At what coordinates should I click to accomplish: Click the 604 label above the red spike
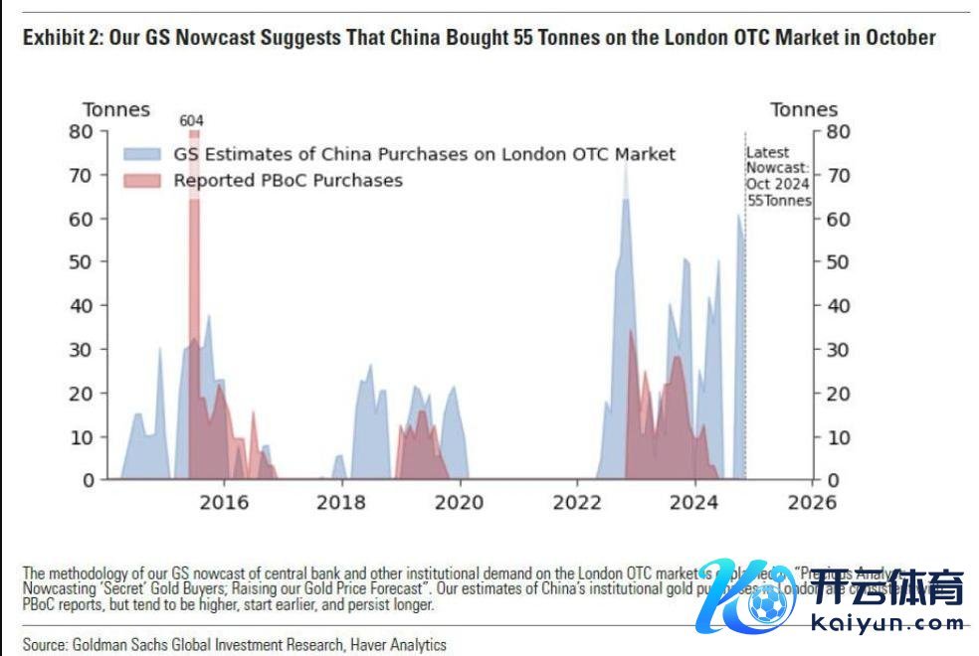coord(192,120)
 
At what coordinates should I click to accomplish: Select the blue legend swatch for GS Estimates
coord(143,154)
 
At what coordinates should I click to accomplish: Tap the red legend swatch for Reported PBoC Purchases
coord(143,180)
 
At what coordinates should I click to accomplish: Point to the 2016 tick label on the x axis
coord(224,502)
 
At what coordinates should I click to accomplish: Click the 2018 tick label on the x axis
coord(341,502)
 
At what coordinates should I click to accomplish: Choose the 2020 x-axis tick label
coord(460,502)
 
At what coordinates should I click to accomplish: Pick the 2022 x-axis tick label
coord(577,502)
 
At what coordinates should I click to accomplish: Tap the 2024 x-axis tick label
coord(694,502)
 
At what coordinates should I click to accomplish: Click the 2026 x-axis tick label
coord(812,502)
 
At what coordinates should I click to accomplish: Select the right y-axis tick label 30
coord(839,349)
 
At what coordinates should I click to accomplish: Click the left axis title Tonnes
coord(116,109)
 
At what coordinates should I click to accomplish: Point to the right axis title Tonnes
coord(804,109)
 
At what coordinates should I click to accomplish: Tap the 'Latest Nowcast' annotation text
coord(779,176)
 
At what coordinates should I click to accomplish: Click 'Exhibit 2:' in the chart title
coord(63,38)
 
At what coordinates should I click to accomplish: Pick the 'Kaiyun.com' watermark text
coord(889,623)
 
